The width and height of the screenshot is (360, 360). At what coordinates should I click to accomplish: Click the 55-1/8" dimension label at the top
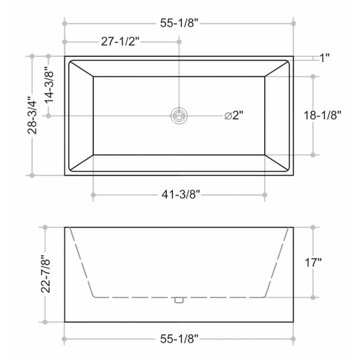coord(178,23)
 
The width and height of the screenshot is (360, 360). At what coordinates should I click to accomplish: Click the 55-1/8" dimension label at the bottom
coord(178,340)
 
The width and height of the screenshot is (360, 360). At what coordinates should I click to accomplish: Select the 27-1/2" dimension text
coord(120,41)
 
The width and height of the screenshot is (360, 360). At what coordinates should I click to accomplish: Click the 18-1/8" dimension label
coord(322,115)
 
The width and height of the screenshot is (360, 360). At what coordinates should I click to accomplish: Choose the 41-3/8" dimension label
coord(178,194)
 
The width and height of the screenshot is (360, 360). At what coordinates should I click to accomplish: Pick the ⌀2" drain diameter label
coord(233,115)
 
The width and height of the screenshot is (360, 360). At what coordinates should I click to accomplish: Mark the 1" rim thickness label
coord(324,58)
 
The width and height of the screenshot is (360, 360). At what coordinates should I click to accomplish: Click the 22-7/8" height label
coord(46,274)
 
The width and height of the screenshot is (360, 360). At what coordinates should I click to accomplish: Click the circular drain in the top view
coord(178,115)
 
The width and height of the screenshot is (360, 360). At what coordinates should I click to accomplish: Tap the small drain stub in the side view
coord(178,300)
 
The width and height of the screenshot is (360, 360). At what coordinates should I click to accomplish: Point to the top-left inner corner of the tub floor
coord(93,76)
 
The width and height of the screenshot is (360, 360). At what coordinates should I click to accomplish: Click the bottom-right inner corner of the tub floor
coord(264,155)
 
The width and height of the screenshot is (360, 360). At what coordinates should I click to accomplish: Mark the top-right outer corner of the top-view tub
coord(293,56)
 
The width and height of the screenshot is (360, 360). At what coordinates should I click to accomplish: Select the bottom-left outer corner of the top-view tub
coord(64,175)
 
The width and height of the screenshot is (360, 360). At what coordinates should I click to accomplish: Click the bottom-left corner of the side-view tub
coord(64,322)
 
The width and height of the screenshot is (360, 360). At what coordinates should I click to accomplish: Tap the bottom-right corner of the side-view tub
coord(293,322)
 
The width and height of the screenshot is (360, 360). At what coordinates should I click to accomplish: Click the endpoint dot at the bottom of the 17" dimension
coord(313,297)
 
